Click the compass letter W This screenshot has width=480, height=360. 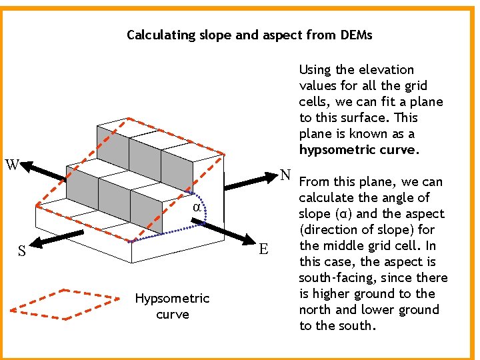coord(12,163)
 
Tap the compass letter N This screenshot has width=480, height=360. coord(285,175)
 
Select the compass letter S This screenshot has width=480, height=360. coord(22,251)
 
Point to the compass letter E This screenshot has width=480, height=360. coord(264,249)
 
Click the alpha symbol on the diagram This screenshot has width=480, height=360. coord(197,207)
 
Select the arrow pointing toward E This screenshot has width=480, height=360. coord(231,233)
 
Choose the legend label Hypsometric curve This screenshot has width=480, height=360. coord(172,306)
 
